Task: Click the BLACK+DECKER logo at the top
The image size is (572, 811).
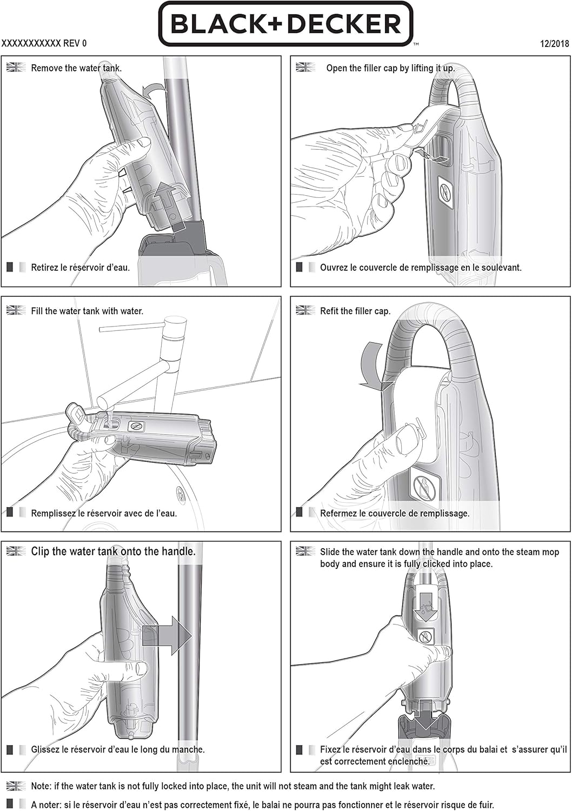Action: coord(285,24)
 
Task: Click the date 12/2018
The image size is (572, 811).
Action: coord(554,43)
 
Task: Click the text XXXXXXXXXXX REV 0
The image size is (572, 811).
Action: coord(44,43)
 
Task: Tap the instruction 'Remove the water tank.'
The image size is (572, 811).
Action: coord(76,68)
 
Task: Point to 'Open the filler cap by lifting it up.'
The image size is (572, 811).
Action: coord(390,68)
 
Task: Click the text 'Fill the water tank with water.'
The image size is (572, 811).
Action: coord(87,311)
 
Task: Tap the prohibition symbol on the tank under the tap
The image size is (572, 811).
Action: coord(136,426)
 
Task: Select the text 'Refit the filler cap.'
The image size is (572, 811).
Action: coord(355,311)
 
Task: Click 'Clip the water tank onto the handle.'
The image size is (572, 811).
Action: coord(114,551)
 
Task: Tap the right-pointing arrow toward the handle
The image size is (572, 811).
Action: coord(167,635)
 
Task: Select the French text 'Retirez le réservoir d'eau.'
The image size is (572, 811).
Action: coord(81,268)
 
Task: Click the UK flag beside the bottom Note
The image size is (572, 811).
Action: coord(16,786)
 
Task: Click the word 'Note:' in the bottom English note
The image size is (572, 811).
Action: coord(41,786)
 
